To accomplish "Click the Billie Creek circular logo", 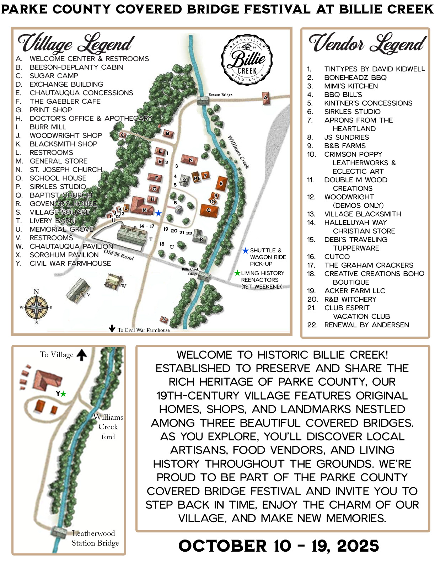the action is [247, 60].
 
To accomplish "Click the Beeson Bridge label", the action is [220, 95].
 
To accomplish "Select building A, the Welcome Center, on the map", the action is [265, 98].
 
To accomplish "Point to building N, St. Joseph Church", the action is [190, 160].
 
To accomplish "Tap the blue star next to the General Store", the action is [158, 213].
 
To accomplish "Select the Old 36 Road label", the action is [119, 255].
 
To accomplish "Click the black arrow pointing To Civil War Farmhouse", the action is [112, 328].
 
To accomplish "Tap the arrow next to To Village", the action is [82, 355].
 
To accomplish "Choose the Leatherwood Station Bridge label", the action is [95, 538].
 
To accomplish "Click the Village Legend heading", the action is [76, 43].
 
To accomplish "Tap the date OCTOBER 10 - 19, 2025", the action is [279, 546].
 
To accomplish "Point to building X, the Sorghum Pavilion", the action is [164, 319].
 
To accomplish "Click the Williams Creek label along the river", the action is [238, 152].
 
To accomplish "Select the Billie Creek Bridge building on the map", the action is [204, 277].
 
